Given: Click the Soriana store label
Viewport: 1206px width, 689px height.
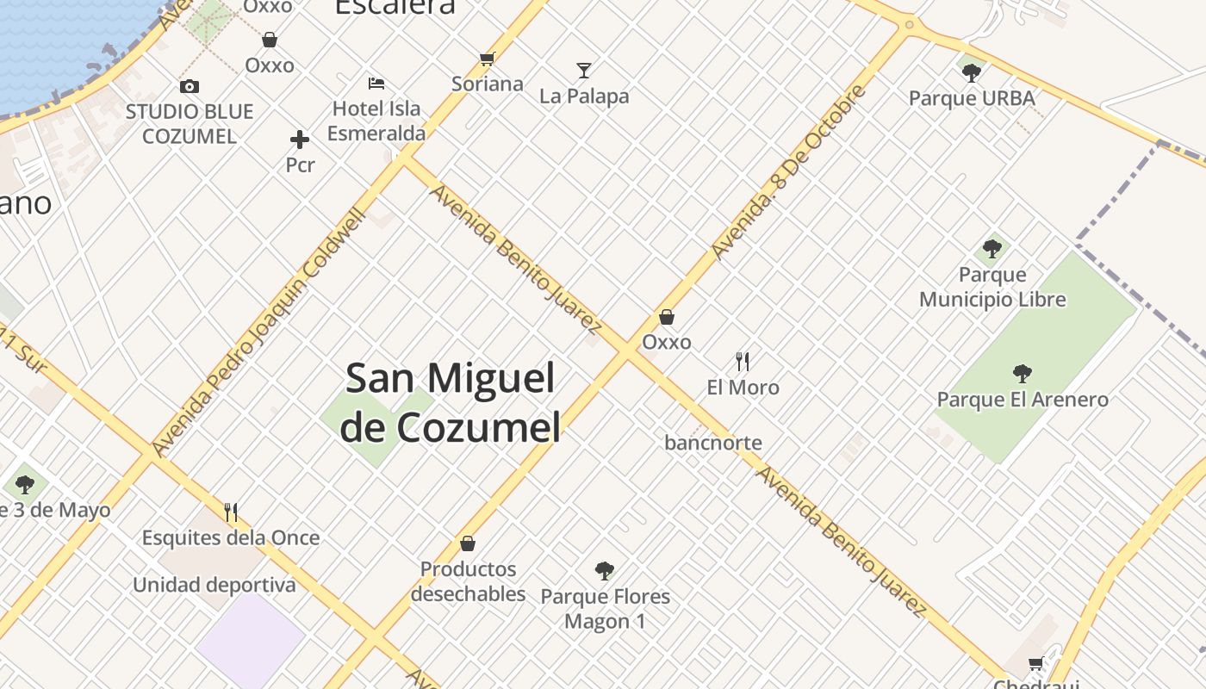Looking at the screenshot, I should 488,84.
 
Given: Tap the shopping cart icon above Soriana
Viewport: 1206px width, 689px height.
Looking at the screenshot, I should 488,59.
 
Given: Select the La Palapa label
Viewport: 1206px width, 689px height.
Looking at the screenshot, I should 584,96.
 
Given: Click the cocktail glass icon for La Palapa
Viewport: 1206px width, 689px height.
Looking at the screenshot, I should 584,71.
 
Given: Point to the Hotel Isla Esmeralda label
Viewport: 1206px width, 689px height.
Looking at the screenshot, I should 376,121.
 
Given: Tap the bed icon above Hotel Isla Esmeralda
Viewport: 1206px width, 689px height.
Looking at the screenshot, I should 376,84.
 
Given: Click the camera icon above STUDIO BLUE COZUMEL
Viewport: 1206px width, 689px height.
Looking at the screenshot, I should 190,86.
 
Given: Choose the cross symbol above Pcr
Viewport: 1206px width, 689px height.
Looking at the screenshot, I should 300,140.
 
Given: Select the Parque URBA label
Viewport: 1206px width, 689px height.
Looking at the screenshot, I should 972,98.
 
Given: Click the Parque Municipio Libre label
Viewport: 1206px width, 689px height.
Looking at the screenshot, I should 992,287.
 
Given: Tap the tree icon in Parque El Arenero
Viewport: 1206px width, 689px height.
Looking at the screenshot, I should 1023,374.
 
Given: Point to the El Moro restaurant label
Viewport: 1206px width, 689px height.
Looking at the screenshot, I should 743,388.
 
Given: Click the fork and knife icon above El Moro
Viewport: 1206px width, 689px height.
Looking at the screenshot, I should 743,361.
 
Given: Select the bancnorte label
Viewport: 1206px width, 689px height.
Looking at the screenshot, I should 713,443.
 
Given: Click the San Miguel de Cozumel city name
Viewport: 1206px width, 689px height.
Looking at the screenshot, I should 450,401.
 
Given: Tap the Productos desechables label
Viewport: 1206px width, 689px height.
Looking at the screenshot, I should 468,581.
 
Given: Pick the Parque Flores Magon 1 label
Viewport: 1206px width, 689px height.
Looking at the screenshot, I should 605,608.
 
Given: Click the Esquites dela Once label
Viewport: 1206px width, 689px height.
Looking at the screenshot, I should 231,537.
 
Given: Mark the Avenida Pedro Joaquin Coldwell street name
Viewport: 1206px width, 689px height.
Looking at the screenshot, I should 259,332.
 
